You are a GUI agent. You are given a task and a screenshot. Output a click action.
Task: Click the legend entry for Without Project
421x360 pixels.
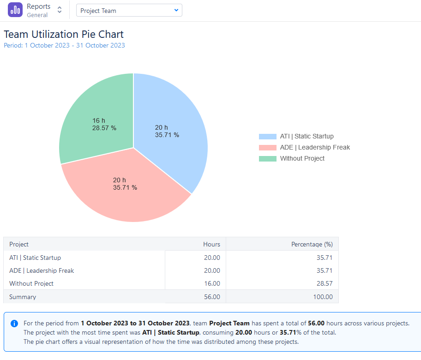[302, 158]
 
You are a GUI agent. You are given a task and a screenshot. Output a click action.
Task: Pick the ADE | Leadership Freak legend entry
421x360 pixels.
[315, 147]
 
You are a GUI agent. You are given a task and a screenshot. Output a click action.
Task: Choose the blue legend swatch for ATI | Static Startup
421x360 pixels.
[268, 137]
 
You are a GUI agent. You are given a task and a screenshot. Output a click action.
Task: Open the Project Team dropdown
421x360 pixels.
[129, 10]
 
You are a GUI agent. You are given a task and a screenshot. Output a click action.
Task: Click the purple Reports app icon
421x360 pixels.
[15, 10]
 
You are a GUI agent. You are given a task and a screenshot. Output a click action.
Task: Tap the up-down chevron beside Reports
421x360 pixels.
[60, 10]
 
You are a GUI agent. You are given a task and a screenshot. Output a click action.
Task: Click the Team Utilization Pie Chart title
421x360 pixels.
[64, 34]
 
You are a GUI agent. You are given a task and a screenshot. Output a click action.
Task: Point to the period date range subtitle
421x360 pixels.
[64, 45]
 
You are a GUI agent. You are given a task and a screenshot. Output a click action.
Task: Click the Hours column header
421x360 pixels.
[211, 244]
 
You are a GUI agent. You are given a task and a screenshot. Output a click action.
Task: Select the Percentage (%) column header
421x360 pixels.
[312, 244]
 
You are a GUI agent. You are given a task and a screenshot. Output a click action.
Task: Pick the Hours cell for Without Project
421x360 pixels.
[212, 283]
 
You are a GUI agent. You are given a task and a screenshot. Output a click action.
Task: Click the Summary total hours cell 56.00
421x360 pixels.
[212, 297]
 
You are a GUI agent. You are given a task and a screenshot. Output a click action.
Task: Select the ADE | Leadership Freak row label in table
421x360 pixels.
[42, 270]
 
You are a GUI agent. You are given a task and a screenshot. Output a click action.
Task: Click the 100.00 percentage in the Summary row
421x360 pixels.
[323, 297]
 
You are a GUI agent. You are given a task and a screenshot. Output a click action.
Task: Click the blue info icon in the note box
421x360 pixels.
[14, 324]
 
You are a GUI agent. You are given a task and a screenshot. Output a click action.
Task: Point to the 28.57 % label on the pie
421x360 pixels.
[104, 128]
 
